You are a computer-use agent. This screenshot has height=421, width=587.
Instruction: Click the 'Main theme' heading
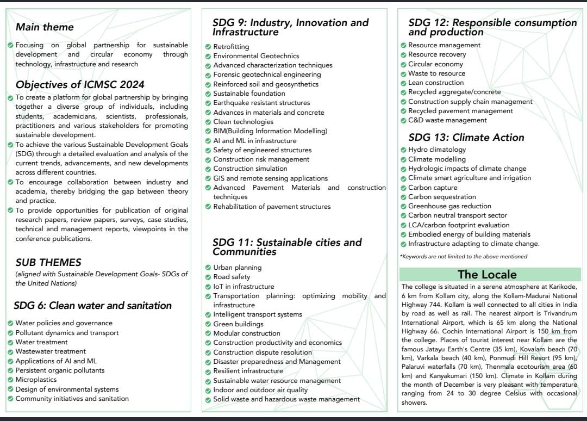click(45, 27)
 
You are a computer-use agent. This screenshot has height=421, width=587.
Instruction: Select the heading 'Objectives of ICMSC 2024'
click(80, 84)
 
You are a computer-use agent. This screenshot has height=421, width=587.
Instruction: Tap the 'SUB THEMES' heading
click(48, 262)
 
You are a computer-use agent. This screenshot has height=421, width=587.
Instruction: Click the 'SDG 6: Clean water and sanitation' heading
click(93, 305)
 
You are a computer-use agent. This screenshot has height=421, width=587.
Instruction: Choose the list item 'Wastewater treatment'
click(51, 351)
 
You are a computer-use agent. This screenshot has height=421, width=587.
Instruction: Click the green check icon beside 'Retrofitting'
click(208, 47)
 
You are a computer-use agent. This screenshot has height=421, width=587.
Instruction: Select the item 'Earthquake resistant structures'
click(261, 103)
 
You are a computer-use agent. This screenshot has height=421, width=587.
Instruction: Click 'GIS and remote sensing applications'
click(270, 178)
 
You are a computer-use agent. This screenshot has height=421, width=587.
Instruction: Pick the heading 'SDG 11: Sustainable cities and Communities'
click(287, 247)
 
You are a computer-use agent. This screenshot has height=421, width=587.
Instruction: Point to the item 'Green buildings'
click(238, 324)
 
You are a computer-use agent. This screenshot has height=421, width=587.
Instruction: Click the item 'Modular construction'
click(247, 333)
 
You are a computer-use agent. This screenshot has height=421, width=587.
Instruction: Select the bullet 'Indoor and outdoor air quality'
click(260, 389)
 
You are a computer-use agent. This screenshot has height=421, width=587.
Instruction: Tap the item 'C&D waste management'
click(447, 120)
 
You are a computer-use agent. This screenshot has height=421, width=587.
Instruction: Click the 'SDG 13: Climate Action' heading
click(466, 137)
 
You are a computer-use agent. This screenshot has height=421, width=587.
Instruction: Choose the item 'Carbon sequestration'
click(442, 197)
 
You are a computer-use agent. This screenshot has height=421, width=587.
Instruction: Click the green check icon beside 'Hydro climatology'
click(403, 150)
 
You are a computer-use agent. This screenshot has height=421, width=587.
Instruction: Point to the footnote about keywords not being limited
click(464, 256)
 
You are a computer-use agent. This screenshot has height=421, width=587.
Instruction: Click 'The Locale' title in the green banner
click(487, 274)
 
